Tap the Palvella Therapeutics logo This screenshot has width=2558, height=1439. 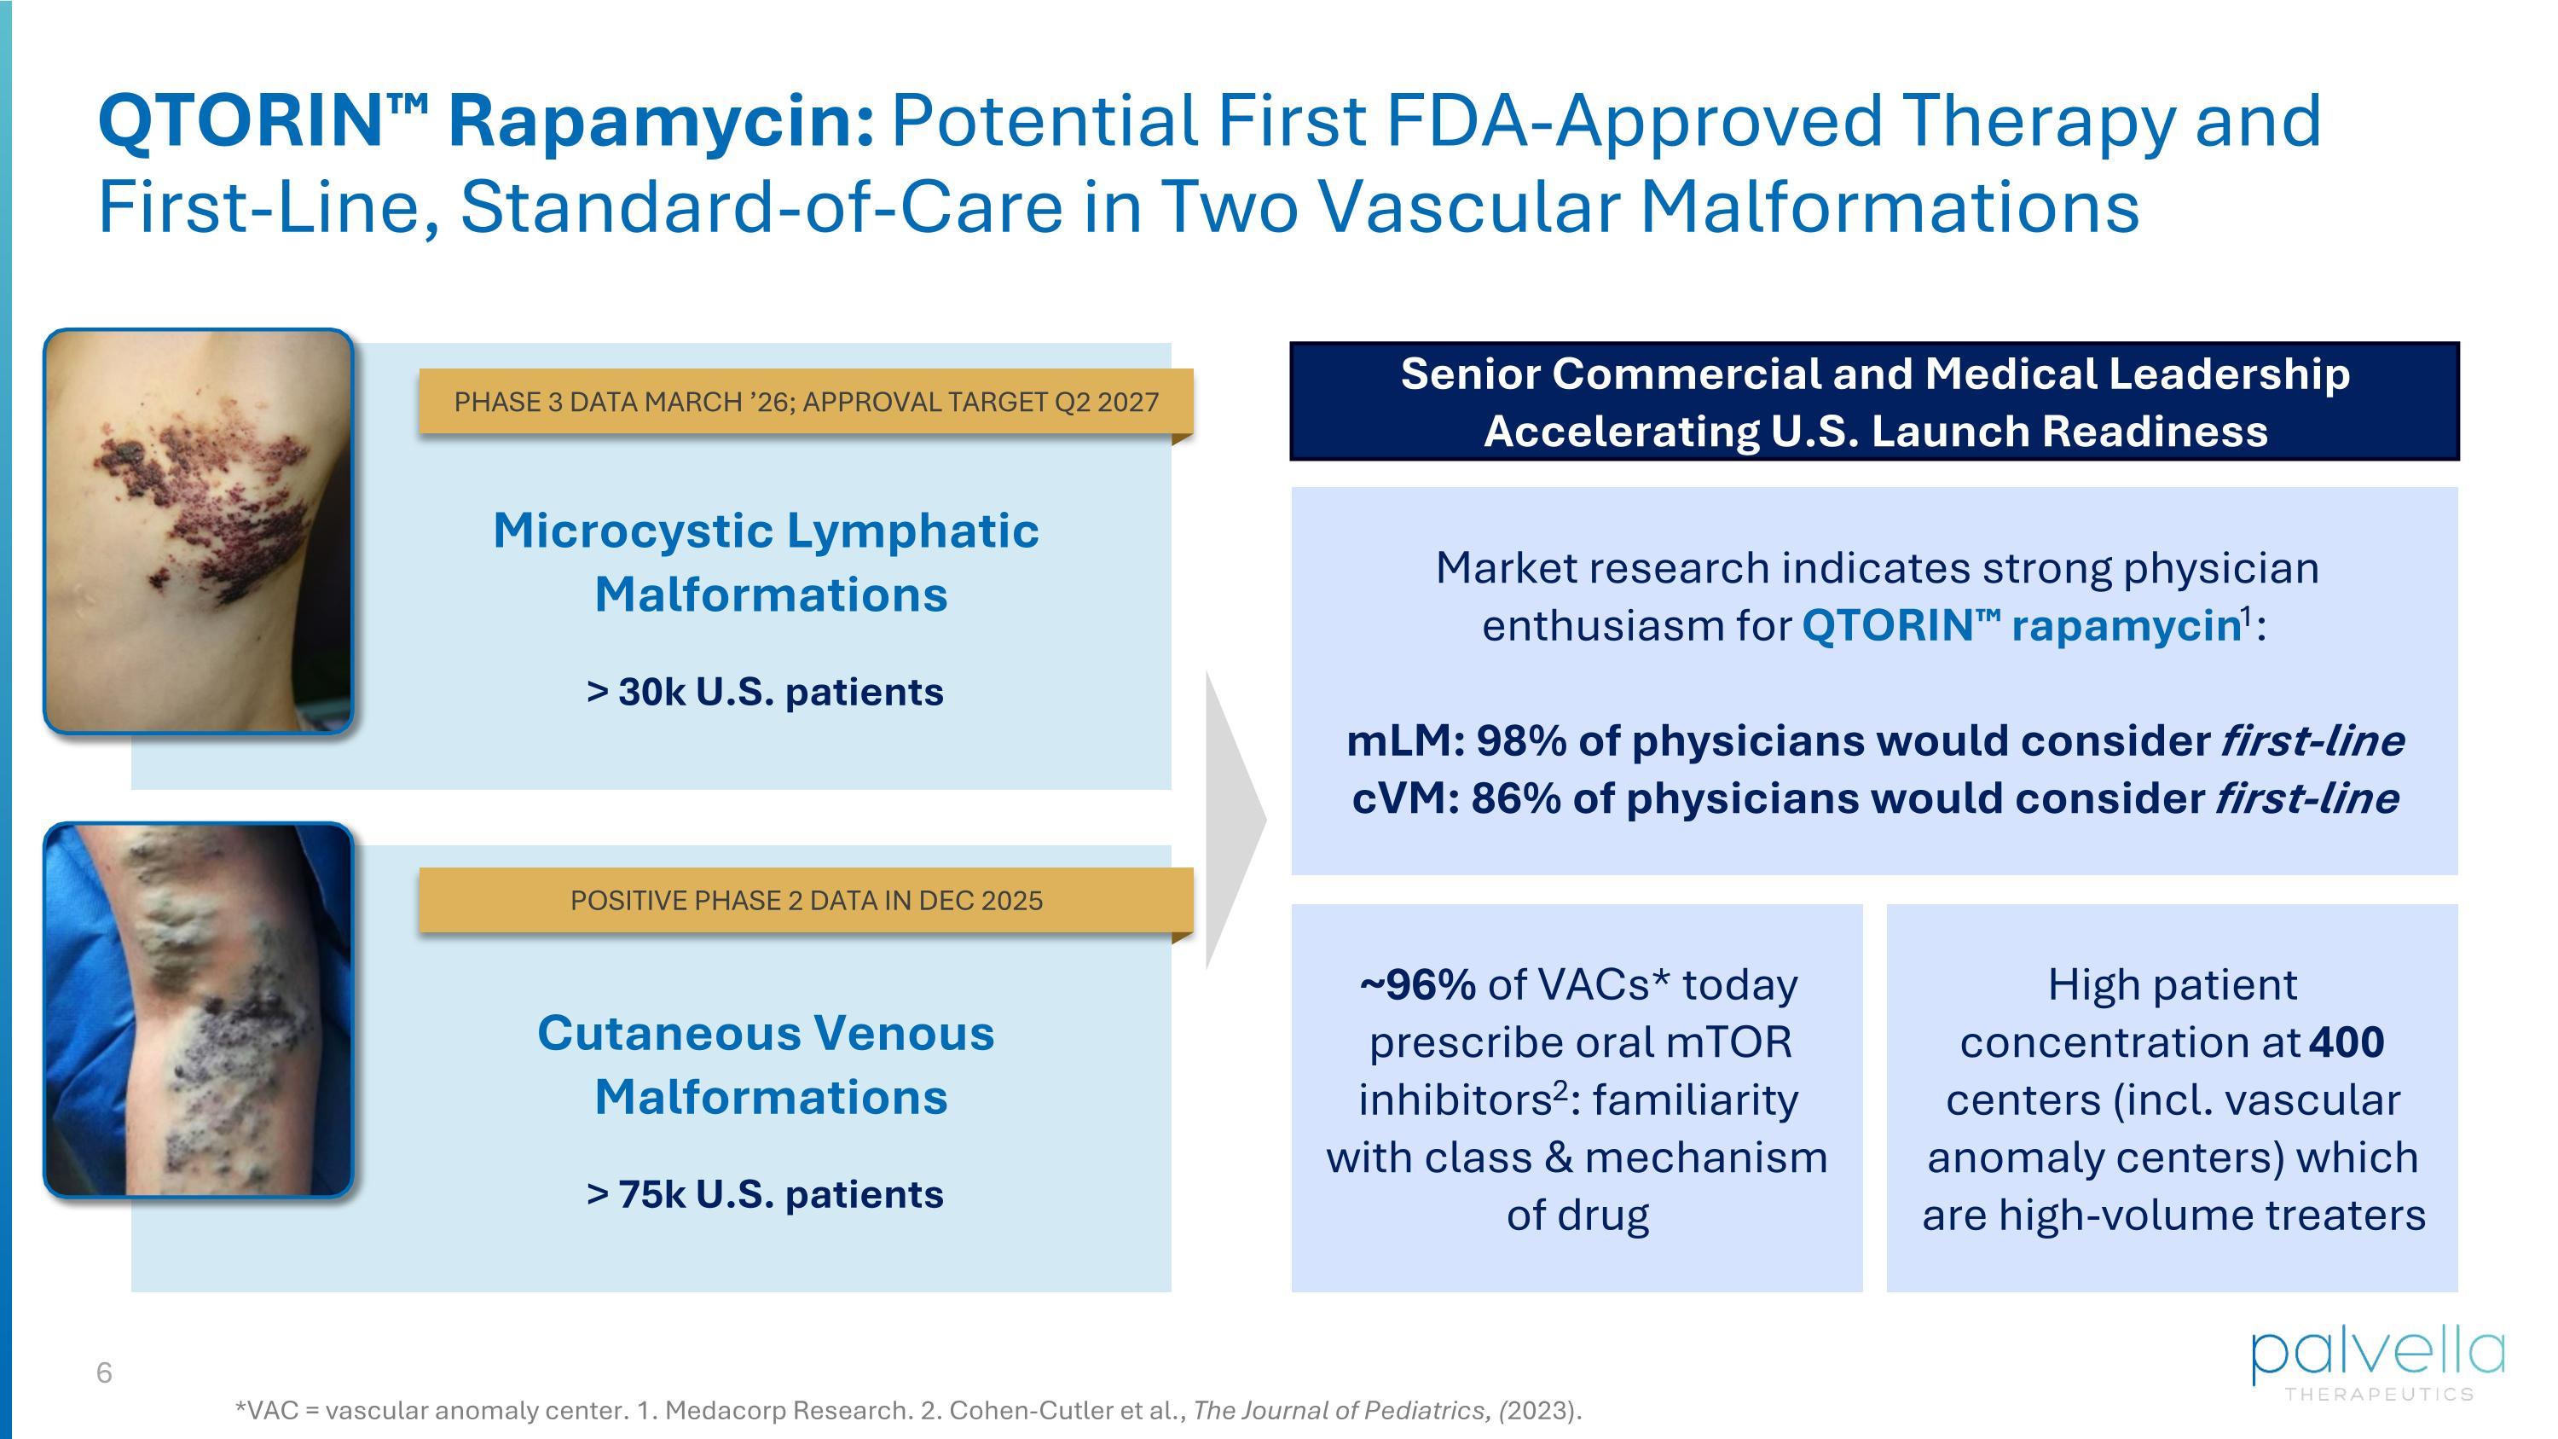(x=2377, y=1362)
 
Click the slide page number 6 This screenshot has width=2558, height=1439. (x=104, y=1372)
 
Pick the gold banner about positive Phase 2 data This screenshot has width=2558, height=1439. (x=805, y=901)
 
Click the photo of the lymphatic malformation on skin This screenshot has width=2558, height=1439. (x=199, y=531)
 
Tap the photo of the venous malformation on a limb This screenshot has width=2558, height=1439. (x=199, y=1010)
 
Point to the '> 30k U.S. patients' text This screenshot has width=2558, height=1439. (x=765, y=692)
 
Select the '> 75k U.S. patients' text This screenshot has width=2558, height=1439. (x=765, y=1195)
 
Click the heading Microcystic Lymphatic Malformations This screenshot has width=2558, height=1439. (x=767, y=562)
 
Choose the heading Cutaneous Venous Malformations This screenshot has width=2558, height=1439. (x=767, y=1065)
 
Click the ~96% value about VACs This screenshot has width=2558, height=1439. (x=1418, y=985)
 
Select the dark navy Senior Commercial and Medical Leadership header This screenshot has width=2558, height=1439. (x=1874, y=401)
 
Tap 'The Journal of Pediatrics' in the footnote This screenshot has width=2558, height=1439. (x=1340, y=1410)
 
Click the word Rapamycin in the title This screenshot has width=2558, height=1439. (x=660, y=121)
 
